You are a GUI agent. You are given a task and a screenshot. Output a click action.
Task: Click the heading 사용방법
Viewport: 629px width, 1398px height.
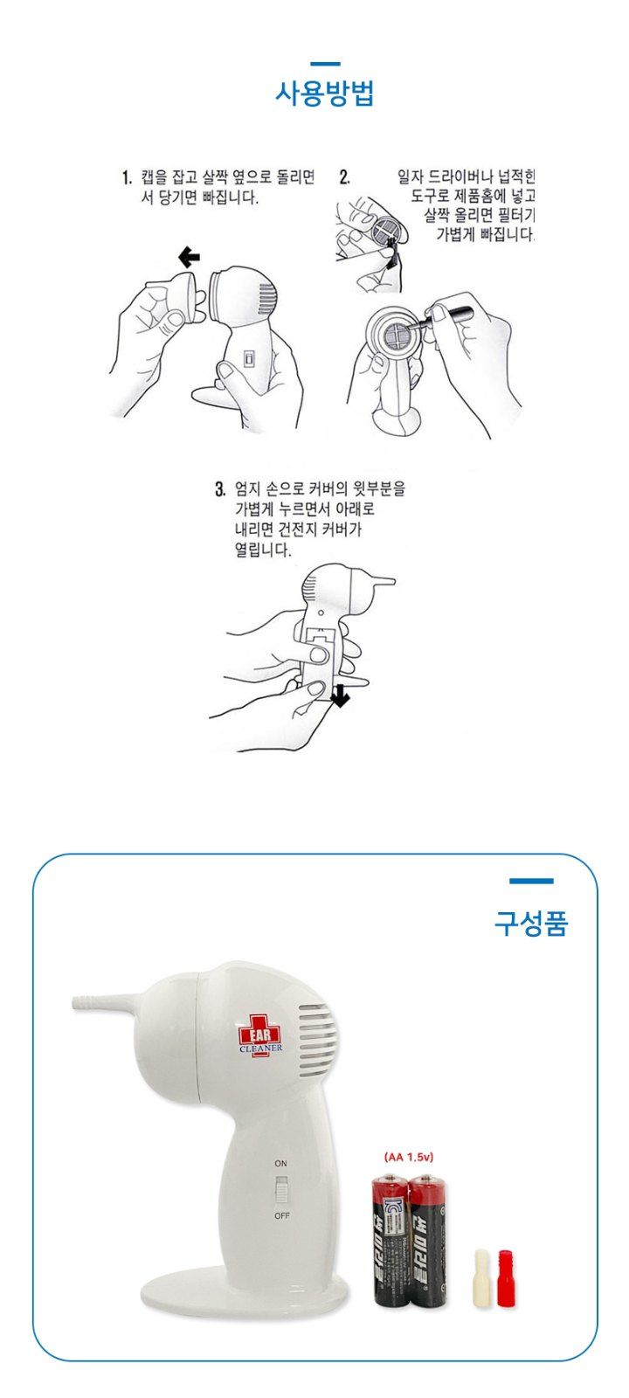tap(324, 93)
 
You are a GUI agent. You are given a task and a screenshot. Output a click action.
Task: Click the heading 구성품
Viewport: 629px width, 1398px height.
tap(531, 923)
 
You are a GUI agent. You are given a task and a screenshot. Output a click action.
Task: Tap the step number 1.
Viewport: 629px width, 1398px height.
tap(127, 179)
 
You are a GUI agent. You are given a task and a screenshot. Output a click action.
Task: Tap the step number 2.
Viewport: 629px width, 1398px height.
tap(344, 178)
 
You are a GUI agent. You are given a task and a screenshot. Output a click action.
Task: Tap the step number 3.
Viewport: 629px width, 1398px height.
tap(220, 488)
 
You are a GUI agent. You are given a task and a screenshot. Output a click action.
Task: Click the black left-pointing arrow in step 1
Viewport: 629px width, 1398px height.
tap(188, 257)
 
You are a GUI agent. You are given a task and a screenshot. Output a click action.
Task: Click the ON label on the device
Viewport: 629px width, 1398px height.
tap(280, 1164)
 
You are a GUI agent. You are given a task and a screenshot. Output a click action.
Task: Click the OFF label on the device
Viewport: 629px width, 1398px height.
tap(281, 1216)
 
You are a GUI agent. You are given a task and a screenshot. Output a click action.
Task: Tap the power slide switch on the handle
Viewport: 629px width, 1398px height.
tap(281, 1190)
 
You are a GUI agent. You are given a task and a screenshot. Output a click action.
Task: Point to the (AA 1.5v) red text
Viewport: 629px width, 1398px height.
tap(415, 1156)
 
